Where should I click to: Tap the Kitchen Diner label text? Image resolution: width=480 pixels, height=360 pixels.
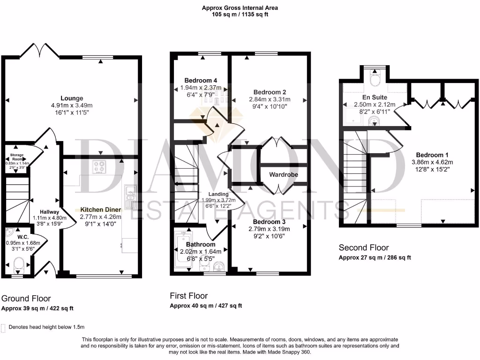tap(100, 210)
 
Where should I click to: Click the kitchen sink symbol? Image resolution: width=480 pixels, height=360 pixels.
tap(130, 195)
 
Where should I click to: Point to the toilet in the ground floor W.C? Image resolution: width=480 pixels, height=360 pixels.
tap(18, 266)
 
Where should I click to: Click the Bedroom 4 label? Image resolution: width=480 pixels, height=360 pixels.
tap(200, 80)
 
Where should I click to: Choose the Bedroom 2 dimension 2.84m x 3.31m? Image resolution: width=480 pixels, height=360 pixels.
tap(270, 99)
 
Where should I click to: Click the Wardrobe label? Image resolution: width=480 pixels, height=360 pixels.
tap(284, 174)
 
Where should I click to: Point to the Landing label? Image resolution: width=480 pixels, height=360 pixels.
tap(218, 194)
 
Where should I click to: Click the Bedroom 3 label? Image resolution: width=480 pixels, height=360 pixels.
tap(269, 222)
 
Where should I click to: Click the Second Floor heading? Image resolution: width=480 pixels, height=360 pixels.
tap(364, 247)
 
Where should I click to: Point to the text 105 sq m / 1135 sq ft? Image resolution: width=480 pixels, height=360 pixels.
tap(240, 15)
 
